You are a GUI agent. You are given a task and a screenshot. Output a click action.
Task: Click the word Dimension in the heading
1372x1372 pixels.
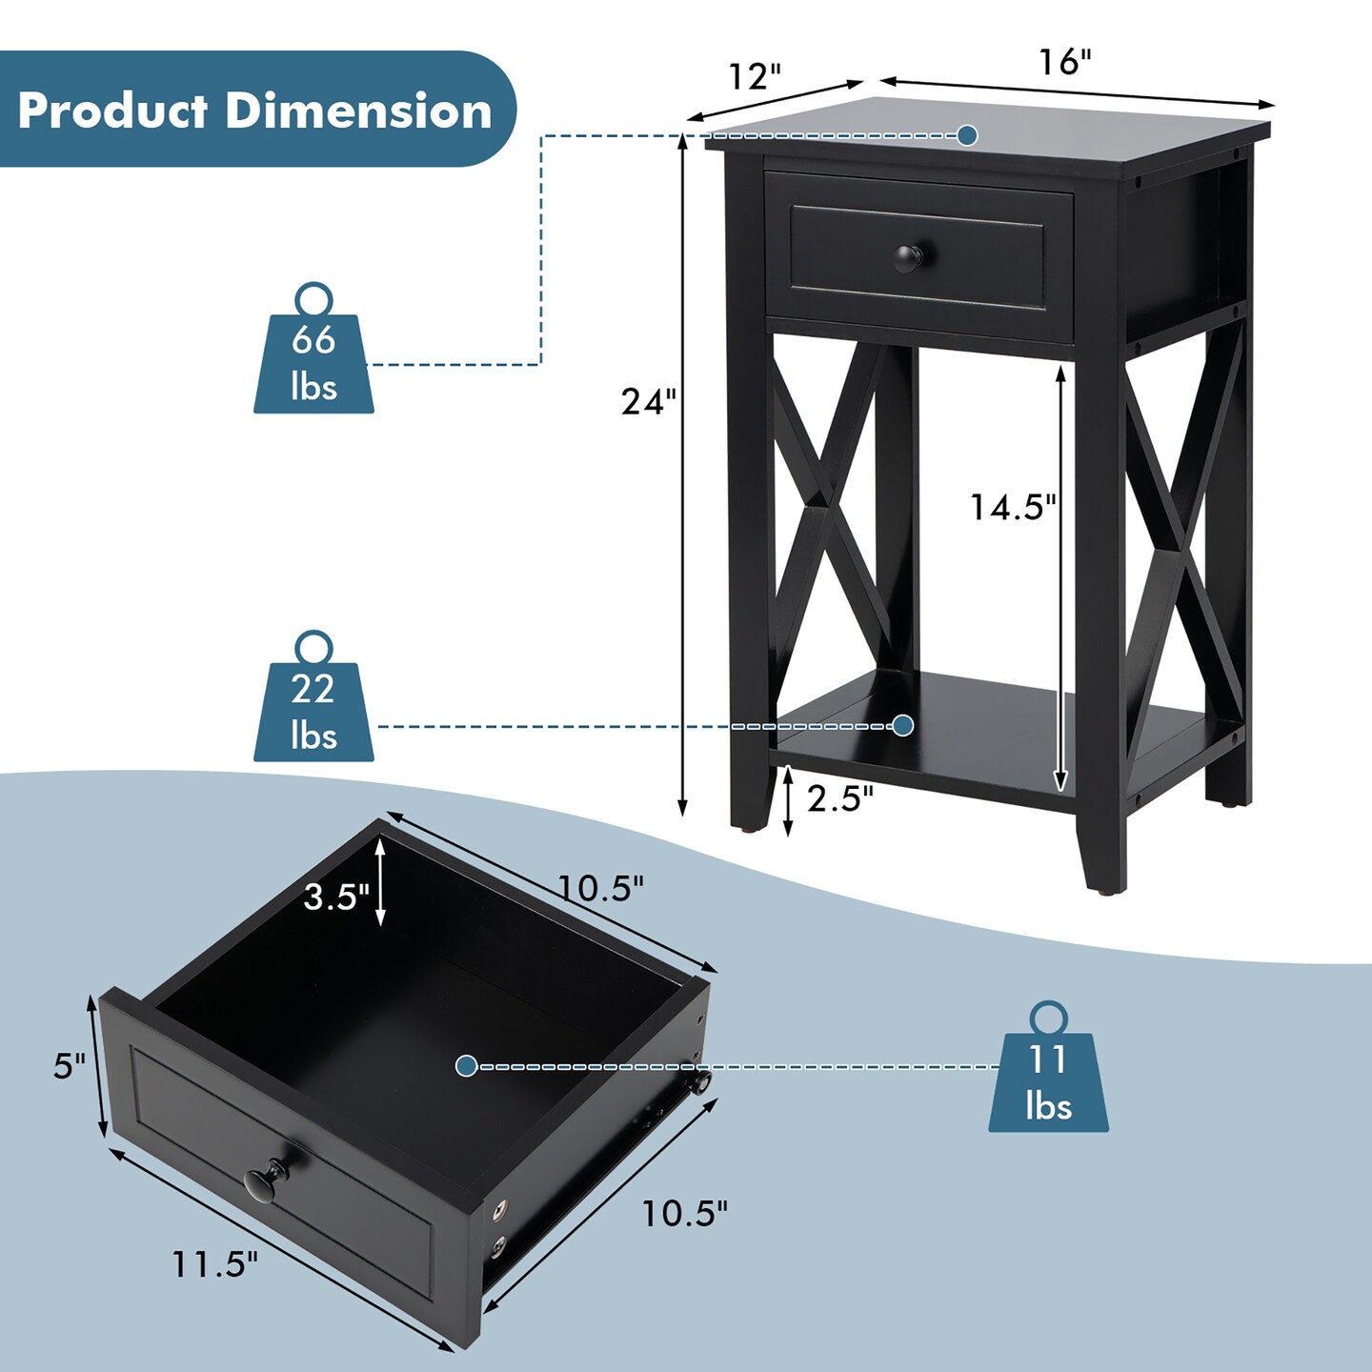coord(359,111)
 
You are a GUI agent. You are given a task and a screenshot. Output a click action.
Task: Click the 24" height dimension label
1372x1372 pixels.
coord(648,401)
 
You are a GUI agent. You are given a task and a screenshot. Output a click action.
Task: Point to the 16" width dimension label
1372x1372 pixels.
coord(1065,62)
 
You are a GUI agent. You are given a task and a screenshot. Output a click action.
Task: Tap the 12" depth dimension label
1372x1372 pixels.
coord(756,76)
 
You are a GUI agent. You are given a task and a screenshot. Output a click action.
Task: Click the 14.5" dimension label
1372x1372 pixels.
coord(1013,507)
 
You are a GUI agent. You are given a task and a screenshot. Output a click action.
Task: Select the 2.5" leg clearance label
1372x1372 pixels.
coord(840,798)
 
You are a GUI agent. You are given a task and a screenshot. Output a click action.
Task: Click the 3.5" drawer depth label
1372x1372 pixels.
coord(336,897)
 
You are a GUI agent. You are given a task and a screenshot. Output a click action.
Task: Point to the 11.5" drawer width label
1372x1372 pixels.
coord(214,1263)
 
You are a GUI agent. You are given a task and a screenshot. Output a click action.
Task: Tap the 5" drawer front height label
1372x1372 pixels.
coord(70,1066)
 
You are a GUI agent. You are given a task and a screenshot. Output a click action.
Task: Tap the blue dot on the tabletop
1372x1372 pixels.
coord(967,135)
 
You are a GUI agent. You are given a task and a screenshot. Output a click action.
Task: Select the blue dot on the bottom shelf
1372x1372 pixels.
coord(903,725)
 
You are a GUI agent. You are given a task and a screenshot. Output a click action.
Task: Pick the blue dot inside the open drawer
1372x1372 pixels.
coord(466,1066)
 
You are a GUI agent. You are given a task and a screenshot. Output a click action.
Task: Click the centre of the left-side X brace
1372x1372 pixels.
coord(827,512)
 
